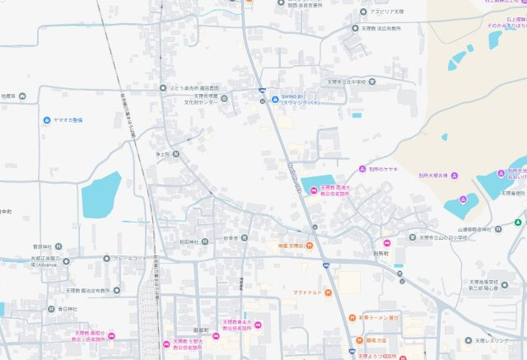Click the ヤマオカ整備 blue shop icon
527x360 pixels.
46,119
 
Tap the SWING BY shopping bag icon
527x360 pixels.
274,100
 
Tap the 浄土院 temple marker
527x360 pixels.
175,154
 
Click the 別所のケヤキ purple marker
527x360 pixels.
362,169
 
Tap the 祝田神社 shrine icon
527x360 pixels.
207,242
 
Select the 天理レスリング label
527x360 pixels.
495,340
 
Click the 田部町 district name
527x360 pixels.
191,330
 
